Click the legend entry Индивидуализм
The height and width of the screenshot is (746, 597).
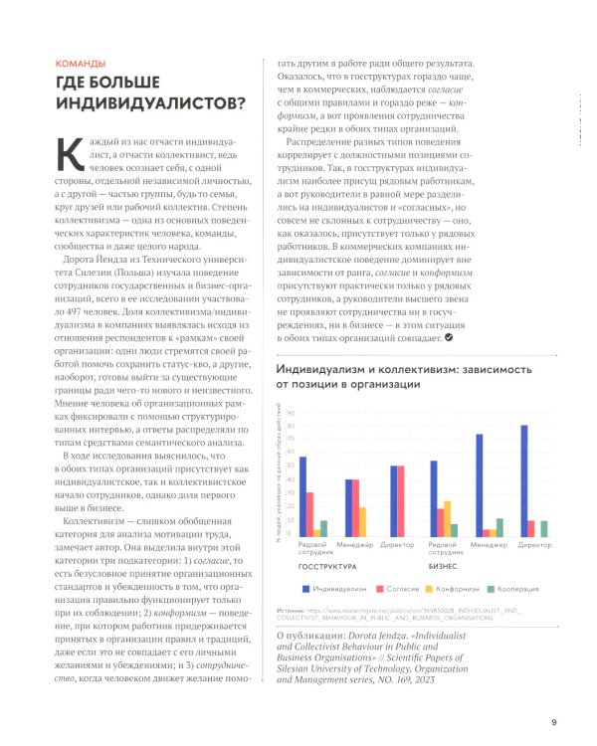click(x=340, y=589)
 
